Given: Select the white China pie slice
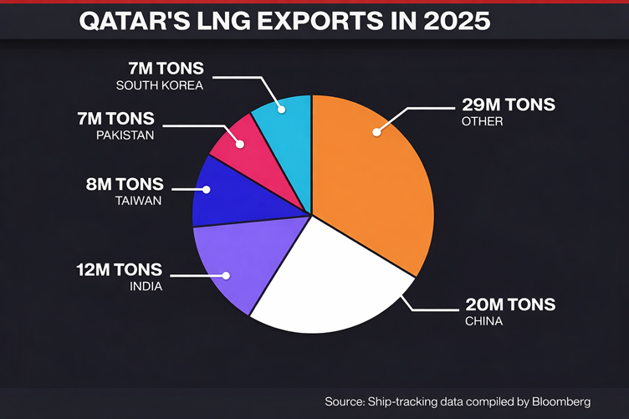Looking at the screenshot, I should (x=322, y=284).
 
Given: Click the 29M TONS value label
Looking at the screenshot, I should (x=508, y=106).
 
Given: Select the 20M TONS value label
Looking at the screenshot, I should (x=508, y=304).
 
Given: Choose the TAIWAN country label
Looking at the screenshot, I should (x=138, y=202).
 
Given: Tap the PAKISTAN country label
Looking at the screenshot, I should (x=125, y=134).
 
